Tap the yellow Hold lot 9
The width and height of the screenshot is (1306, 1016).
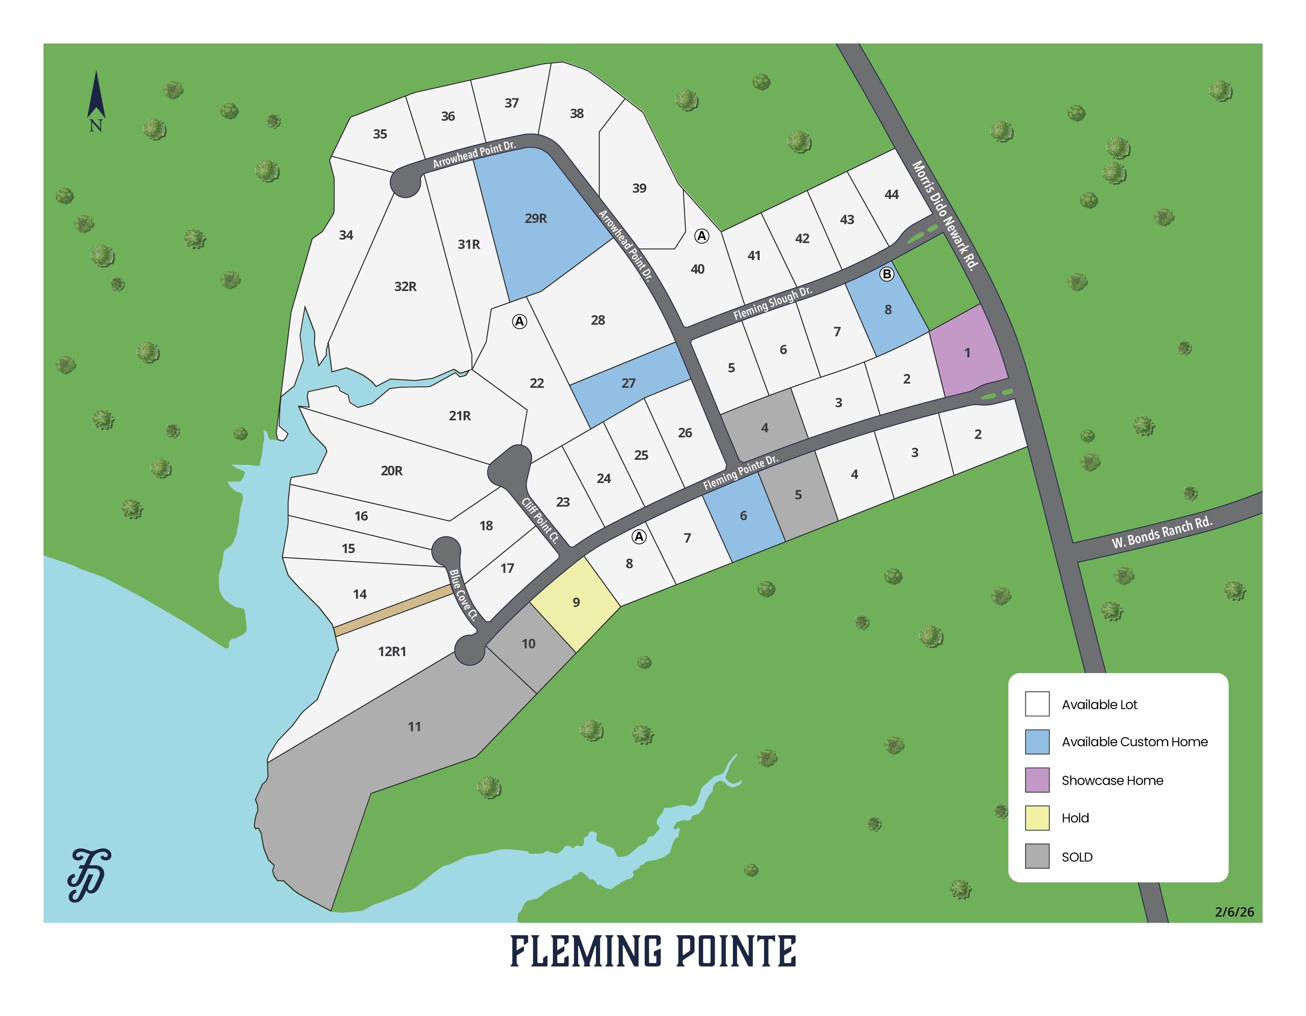tap(576, 602)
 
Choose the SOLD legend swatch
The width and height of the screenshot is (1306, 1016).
tap(1037, 856)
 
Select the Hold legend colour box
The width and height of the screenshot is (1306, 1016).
tap(1037, 818)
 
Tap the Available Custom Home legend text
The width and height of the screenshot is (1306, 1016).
tap(1134, 742)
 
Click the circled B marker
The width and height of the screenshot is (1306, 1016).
tap(887, 274)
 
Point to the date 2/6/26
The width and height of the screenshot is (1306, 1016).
tap(1234, 912)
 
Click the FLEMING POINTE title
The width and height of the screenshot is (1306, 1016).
tap(653, 952)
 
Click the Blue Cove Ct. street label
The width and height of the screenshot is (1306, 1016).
tap(464, 595)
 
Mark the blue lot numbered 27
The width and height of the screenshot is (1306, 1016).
tap(628, 383)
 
